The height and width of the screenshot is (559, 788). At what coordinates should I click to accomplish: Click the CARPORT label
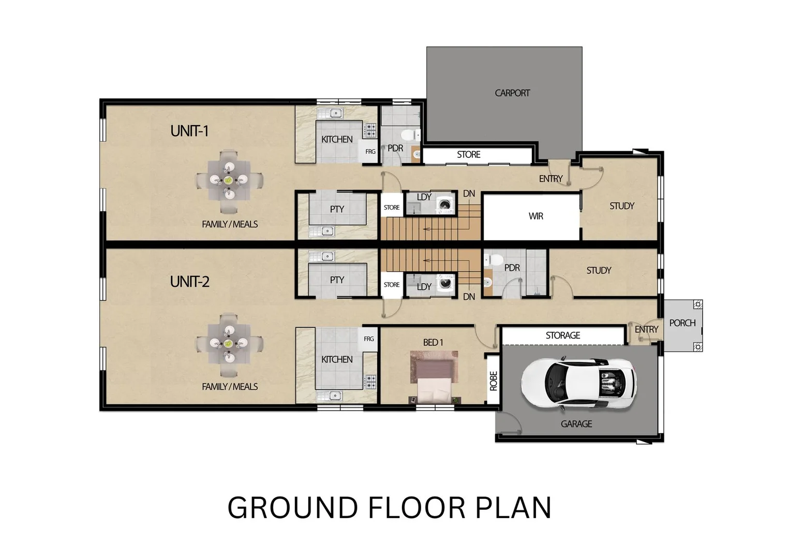(512, 93)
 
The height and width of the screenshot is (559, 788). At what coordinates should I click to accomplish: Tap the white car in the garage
(578, 384)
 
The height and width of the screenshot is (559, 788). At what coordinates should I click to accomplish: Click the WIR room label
(536, 216)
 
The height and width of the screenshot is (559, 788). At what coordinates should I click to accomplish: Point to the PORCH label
(682, 323)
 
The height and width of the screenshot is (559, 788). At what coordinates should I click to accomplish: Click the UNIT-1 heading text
(189, 131)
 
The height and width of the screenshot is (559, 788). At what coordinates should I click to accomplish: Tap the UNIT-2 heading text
(189, 282)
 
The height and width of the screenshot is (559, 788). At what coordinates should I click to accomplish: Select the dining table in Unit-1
(229, 181)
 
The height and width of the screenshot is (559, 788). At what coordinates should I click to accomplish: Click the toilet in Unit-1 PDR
(410, 135)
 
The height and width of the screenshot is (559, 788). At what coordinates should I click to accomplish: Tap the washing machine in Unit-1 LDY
(445, 204)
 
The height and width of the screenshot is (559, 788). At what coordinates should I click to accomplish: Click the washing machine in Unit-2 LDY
(445, 283)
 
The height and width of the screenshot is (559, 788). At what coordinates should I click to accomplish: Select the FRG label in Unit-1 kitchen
(370, 152)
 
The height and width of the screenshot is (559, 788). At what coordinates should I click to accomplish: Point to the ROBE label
(493, 381)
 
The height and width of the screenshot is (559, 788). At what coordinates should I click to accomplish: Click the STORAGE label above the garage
(562, 335)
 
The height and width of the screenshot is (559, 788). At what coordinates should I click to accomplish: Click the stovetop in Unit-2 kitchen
(370, 382)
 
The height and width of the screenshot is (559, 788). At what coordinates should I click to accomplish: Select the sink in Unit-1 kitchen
(330, 113)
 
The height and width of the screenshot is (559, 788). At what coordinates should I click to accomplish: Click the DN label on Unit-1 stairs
(469, 194)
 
